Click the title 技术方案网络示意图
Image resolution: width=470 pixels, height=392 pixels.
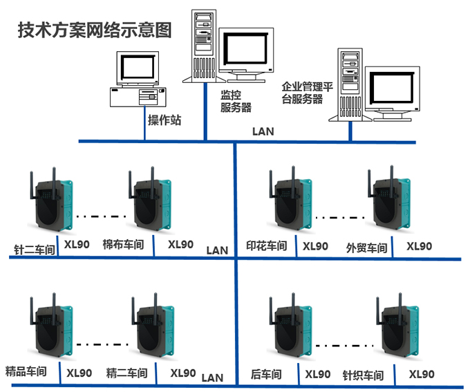[x=94, y=31]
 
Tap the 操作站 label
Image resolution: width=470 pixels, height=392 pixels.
[x=164, y=120]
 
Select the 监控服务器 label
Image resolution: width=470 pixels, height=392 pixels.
[x=236, y=101]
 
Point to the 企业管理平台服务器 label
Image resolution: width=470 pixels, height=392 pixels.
[x=307, y=93]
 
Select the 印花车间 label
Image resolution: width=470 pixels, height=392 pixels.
[x=266, y=246]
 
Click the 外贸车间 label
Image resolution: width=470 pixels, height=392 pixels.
[x=366, y=248]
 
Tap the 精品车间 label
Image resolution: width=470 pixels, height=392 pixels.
[x=26, y=371]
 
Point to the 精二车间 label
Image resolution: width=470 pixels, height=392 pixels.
[x=126, y=373]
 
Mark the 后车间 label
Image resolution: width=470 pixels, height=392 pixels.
[x=266, y=374]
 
